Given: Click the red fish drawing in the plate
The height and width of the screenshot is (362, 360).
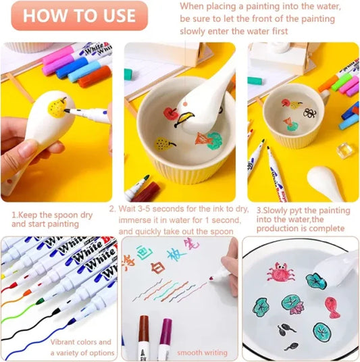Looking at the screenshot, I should click(x=332, y=307).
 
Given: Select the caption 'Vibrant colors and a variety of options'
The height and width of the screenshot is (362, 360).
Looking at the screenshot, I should click(x=81, y=348).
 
